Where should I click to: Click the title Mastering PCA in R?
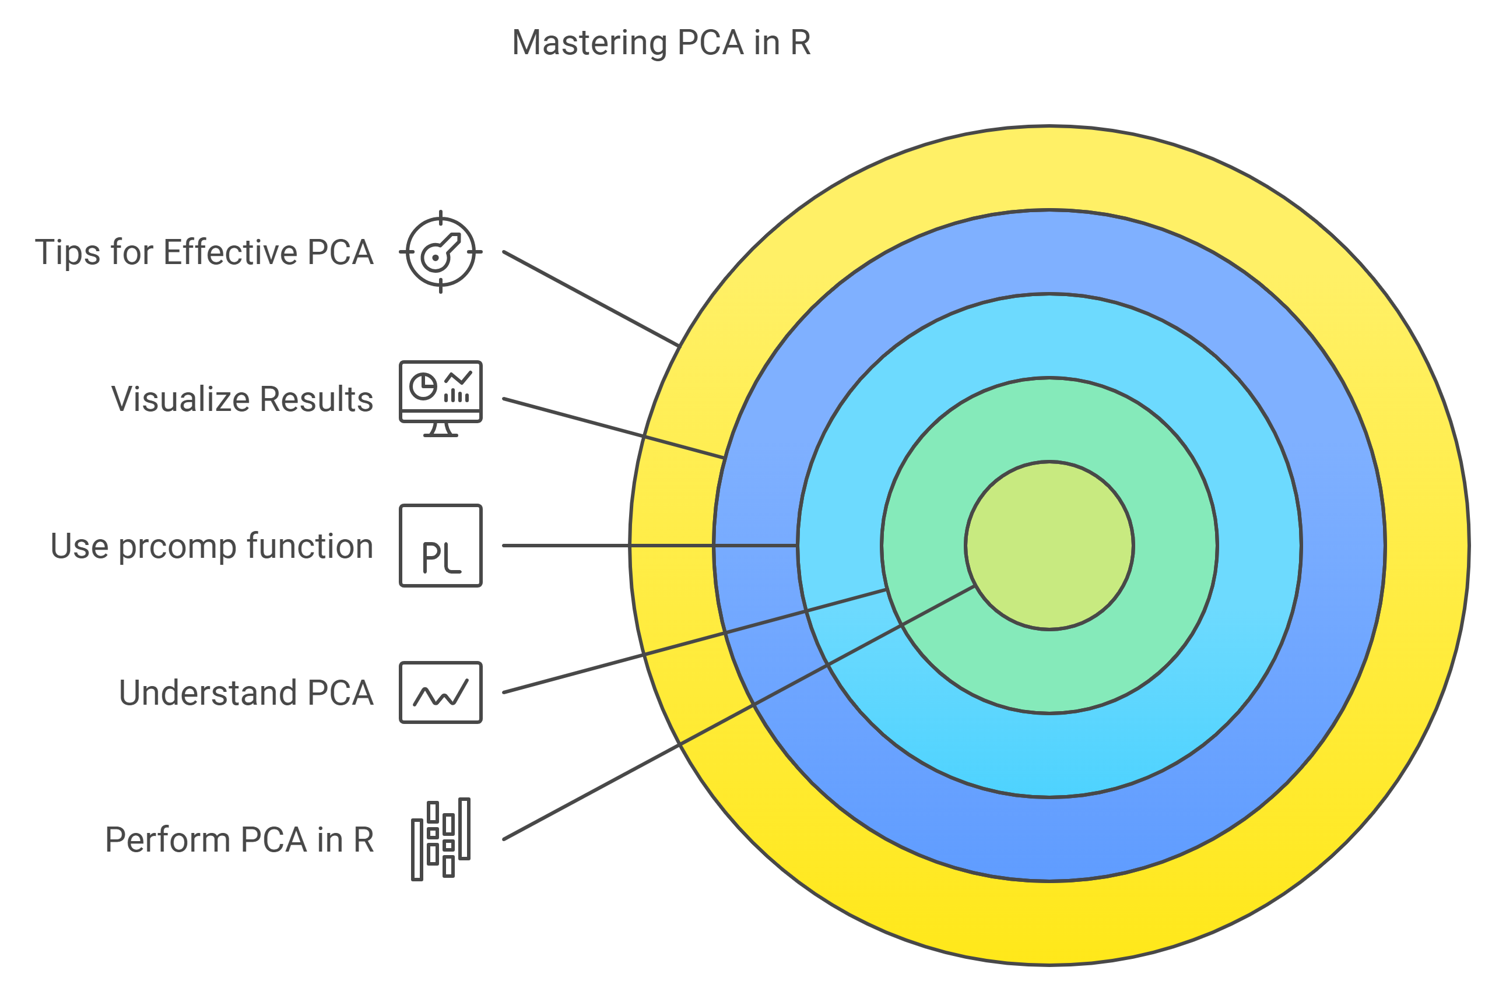click(661, 43)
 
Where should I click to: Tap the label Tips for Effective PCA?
click(204, 252)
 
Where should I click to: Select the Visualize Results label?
click(242, 399)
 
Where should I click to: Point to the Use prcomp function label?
click(212, 546)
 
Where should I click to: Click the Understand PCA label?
click(245, 693)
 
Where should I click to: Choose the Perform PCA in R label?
click(240, 840)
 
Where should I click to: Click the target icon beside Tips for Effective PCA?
click(440, 252)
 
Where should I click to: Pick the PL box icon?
click(440, 546)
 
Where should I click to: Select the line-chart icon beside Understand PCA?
click(440, 692)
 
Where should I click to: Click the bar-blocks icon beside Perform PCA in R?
click(440, 839)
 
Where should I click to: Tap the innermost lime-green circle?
click(1049, 546)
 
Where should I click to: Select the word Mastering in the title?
click(589, 43)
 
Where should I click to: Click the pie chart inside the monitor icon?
click(423, 386)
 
